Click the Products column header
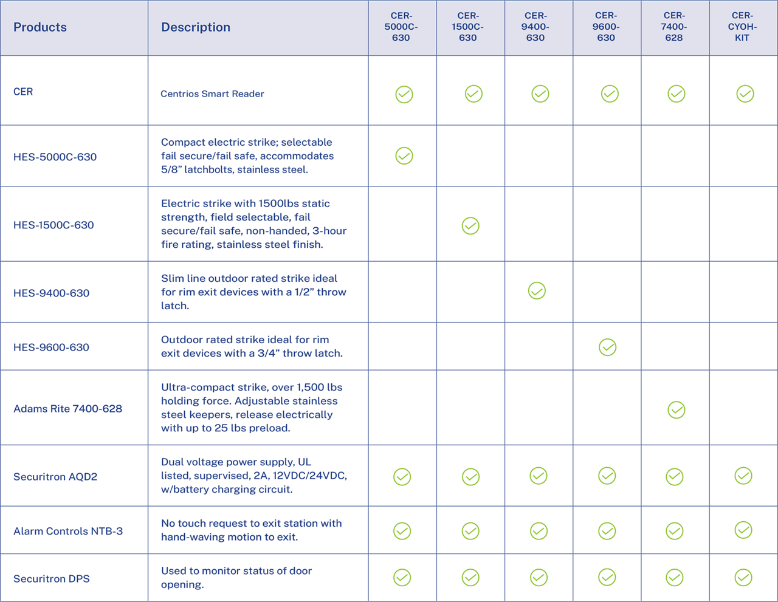click(x=40, y=27)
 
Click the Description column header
click(x=196, y=27)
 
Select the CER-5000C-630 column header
click(x=401, y=27)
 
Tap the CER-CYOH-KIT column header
click(x=742, y=27)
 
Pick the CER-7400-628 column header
click(x=674, y=27)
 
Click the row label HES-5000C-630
click(x=55, y=157)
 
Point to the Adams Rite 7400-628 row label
click(x=67, y=409)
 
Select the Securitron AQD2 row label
click(x=55, y=477)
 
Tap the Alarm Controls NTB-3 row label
click(x=68, y=531)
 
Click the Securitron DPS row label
click(x=52, y=579)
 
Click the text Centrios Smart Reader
click(x=212, y=94)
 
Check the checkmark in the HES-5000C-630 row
click(x=404, y=156)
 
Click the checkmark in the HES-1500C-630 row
click(x=470, y=226)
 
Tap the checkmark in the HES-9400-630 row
click(x=537, y=291)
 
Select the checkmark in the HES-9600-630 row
click(x=608, y=347)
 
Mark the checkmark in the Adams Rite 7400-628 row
click(x=676, y=410)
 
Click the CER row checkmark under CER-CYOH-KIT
click(x=745, y=94)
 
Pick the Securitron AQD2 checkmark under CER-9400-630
click(x=539, y=476)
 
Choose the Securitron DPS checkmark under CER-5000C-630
click(x=402, y=578)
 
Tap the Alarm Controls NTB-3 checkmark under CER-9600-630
click(x=607, y=531)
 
